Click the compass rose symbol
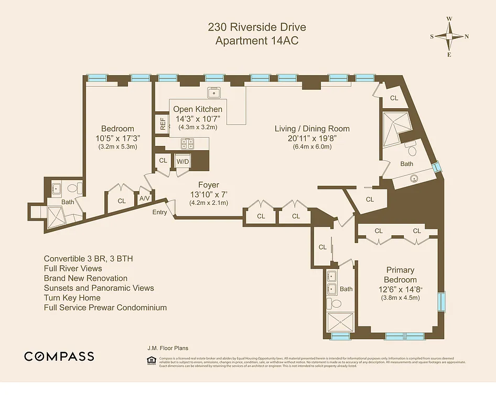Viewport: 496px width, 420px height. (x=449, y=36)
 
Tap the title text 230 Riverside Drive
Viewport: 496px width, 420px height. (x=257, y=27)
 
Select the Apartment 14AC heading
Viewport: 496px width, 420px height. (x=257, y=41)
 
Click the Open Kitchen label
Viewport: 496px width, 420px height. (x=198, y=109)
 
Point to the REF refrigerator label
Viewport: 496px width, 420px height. (x=163, y=124)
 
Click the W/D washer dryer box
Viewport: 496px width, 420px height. (x=182, y=161)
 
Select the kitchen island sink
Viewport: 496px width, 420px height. (x=214, y=93)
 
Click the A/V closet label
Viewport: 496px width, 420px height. (x=144, y=198)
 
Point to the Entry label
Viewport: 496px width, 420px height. (x=160, y=212)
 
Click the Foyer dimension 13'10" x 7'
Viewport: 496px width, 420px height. (x=209, y=194)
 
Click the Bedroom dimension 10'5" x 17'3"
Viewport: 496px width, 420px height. (x=117, y=138)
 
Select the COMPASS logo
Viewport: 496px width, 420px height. (x=59, y=356)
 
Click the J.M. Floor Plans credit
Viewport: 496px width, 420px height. (x=168, y=348)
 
